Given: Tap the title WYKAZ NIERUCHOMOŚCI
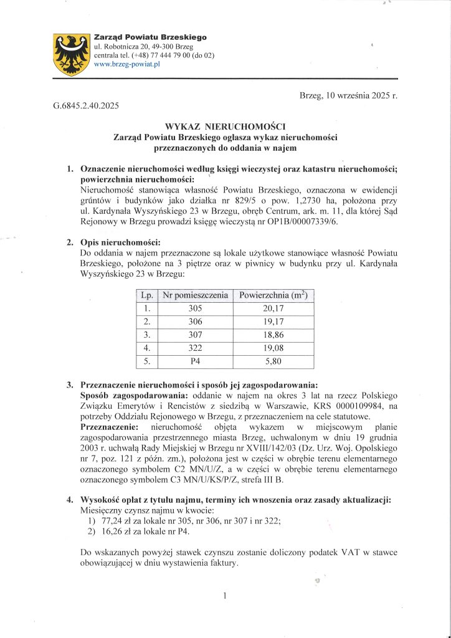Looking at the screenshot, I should pyautogui.click(x=224, y=126).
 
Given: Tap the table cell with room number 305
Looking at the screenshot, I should pyautogui.click(x=195, y=308).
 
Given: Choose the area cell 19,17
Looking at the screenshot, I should pyautogui.click(x=273, y=321).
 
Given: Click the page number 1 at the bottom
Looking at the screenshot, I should pyautogui.click(x=225, y=596).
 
